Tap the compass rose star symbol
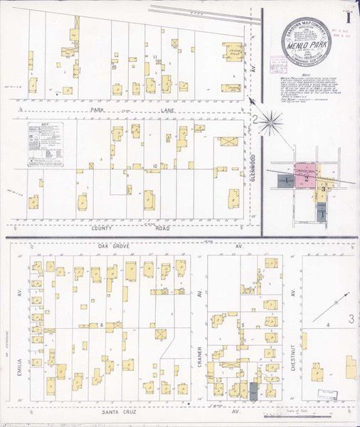click(270, 122)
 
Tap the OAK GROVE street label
click(117, 246)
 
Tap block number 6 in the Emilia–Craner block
click(102, 325)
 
